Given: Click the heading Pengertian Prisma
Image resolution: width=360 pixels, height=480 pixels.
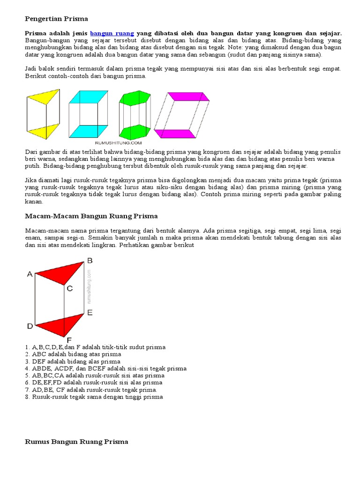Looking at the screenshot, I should point(56,19).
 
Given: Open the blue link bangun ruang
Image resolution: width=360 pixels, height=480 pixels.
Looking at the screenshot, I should point(112,33).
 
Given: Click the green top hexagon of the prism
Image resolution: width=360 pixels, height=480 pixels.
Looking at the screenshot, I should point(135,98).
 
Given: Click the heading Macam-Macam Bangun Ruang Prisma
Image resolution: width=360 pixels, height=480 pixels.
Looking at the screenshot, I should point(91,216).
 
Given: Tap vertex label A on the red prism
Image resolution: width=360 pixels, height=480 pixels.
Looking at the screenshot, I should point(30,274).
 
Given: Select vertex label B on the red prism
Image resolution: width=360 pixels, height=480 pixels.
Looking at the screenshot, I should point(90,261).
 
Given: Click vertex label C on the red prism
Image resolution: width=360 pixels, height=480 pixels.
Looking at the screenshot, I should point(69,289).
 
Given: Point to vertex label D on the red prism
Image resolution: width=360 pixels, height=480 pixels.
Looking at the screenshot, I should point(30,326).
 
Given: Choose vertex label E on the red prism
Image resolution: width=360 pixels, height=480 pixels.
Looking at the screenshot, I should point(90,312).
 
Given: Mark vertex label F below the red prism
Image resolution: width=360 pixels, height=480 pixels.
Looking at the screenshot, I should point(69,339).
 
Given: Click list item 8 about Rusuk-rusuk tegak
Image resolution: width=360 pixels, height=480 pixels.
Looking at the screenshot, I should point(94,397).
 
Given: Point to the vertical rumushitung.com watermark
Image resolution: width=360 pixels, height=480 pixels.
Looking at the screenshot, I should point(88,286).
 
